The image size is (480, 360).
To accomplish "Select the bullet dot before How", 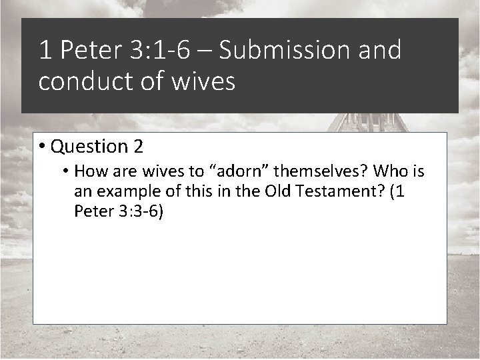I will point(67,172).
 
